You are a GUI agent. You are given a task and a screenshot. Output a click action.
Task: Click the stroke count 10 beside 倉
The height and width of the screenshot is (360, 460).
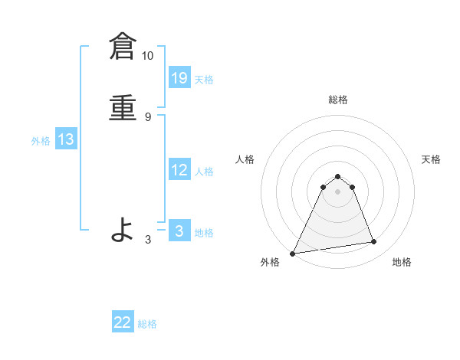(x=148, y=56)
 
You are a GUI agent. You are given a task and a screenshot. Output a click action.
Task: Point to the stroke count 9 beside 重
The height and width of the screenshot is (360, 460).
(x=148, y=116)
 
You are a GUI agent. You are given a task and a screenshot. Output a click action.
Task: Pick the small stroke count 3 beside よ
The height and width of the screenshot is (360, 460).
(x=148, y=239)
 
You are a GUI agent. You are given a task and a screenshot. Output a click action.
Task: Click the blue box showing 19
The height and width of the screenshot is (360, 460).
(x=179, y=77)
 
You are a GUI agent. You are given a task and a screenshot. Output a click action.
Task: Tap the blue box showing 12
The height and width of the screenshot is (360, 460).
(x=179, y=170)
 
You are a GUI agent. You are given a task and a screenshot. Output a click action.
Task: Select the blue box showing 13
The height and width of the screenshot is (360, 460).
(x=66, y=139)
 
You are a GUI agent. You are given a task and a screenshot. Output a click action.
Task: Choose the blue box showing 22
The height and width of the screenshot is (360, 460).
(x=123, y=322)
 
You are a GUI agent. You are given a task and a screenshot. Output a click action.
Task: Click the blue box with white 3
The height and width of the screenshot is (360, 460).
(x=179, y=231)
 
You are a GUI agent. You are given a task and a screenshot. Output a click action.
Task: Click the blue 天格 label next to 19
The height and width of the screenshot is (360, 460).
(x=204, y=80)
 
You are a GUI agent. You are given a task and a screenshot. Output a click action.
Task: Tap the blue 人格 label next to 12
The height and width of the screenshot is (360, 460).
(x=204, y=172)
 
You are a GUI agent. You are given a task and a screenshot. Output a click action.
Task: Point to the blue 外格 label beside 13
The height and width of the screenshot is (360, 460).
(x=41, y=141)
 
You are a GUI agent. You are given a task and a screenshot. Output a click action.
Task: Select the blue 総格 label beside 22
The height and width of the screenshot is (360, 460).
(x=147, y=324)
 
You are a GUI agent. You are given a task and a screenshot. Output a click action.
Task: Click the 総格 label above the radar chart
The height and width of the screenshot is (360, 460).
(x=338, y=100)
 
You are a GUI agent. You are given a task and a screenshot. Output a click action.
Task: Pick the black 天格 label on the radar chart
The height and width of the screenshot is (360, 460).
(x=432, y=159)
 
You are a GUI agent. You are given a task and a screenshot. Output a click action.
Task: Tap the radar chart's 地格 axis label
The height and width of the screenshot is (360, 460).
(x=402, y=262)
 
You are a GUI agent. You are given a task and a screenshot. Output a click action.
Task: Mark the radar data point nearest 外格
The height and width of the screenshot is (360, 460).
(x=293, y=254)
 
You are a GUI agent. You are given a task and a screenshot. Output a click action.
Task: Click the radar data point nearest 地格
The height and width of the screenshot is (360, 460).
(x=374, y=242)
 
